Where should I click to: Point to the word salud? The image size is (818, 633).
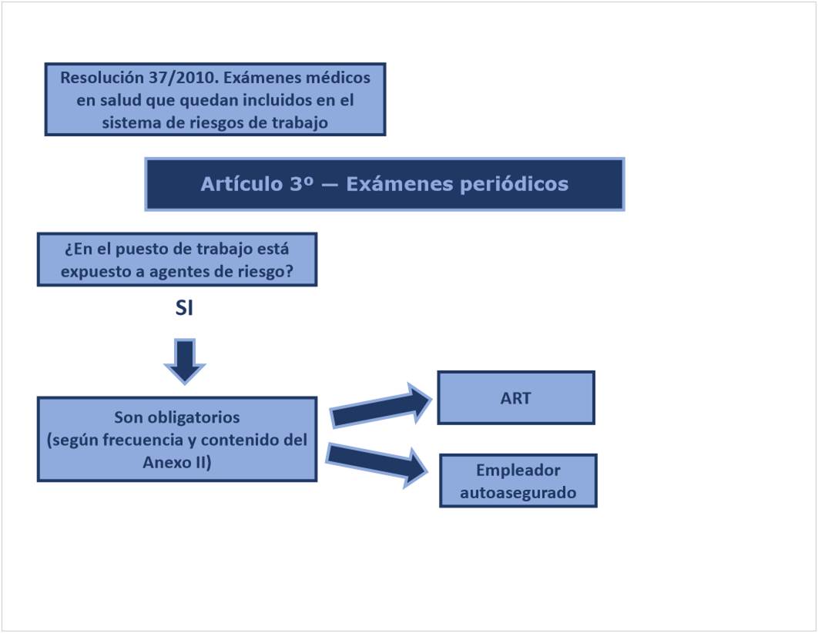point(121,100)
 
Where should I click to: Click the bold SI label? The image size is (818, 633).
point(184,309)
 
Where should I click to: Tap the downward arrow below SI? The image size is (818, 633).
point(184,360)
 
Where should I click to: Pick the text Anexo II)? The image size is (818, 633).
point(176,462)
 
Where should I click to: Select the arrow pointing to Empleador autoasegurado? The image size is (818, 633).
point(377,462)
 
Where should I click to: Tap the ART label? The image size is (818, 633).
point(516,398)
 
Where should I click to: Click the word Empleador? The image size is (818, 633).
point(518,471)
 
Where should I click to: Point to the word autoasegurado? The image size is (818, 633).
point(518,493)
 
